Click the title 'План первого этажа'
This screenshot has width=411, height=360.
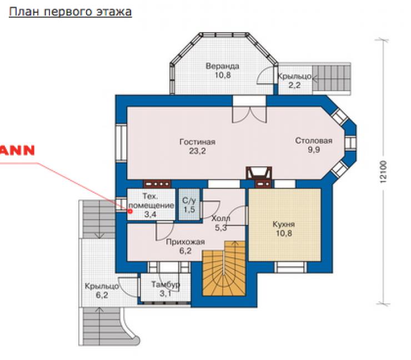pyautogui.click(x=70, y=12)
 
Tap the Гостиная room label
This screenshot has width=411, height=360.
pyautogui.click(x=197, y=142)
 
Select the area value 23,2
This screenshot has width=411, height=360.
pyautogui.click(x=197, y=151)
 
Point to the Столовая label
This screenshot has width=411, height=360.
pyautogui.click(x=314, y=141)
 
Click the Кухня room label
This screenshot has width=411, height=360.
pyautogui.click(x=284, y=224)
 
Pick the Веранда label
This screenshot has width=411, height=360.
pyautogui.click(x=223, y=66)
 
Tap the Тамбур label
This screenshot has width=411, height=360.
pyautogui.click(x=166, y=284)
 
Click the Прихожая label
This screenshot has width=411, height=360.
pyautogui.click(x=186, y=242)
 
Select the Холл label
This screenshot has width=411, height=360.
pyautogui.click(x=220, y=218)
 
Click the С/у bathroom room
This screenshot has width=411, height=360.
pyautogui.click(x=189, y=205)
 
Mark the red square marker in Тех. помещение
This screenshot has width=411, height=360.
pyautogui.click(x=130, y=211)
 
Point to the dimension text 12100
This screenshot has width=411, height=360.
pyautogui.click(x=383, y=172)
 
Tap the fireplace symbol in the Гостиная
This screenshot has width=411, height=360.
pyautogui.click(x=259, y=173)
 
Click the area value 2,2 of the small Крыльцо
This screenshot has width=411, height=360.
pyautogui.click(x=294, y=85)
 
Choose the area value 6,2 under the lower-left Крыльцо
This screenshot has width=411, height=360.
pyautogui.click(x=102, y=295)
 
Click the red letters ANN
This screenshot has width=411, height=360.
pyautogui.click(x=17, y=150)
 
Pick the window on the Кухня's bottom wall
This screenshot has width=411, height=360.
pyautogui.click(x=290, y=267)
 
